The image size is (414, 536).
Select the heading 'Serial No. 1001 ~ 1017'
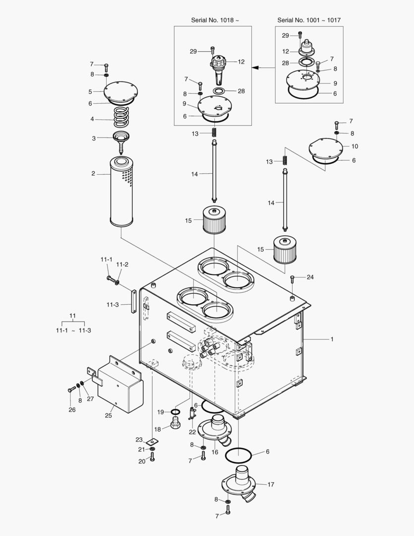(x=309, y=20)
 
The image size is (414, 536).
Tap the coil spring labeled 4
(x=120, y=119)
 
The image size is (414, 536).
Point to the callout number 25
(x=109, y=415)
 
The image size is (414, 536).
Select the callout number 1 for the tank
(x=332, y=339)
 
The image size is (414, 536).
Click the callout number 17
(x=271, y=484)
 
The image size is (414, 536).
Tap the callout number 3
(x=94, y=138)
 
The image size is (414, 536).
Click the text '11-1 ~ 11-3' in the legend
(x=73, y=331)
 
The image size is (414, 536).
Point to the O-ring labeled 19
(x=176, y=412)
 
